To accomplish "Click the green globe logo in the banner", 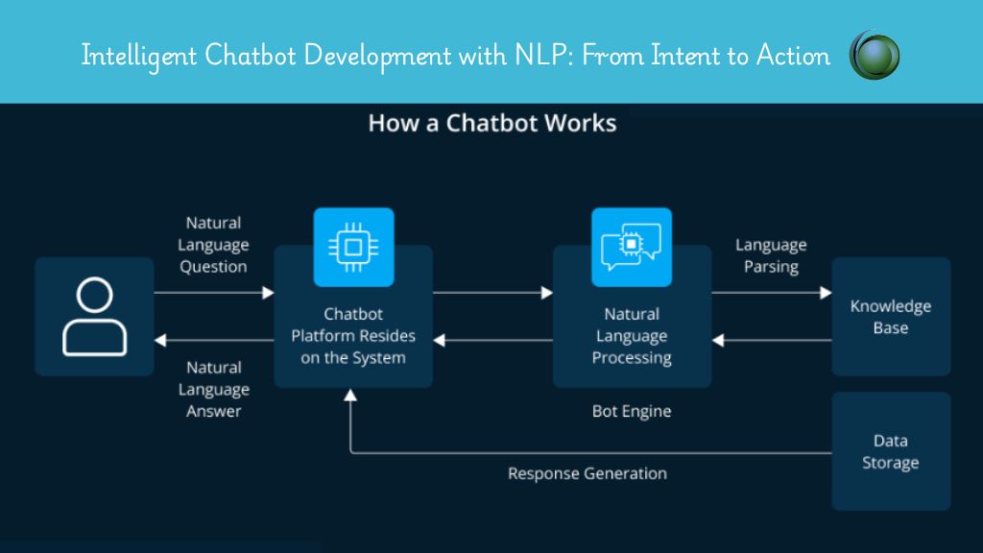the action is tap(875, 55).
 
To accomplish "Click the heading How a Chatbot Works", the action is tap(492, 123).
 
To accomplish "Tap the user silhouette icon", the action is tap(95, 317).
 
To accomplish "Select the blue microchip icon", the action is tap(353, 247).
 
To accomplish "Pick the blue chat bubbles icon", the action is tap(632, 247).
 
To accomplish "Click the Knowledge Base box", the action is tap(891, 317).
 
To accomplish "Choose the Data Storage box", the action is tap(891, 451).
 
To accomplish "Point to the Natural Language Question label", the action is tap(213, 245).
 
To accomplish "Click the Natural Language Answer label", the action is tap(214, 390).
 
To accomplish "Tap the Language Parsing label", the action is tap(771, 255).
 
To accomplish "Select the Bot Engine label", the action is tap(632, 411).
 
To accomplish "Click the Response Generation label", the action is tap(587, 473).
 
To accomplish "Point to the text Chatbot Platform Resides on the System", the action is tap(353, 335).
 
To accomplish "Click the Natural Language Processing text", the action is tap(632, 335).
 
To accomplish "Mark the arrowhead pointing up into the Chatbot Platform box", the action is tap(350, 395).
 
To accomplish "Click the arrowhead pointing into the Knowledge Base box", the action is tap(827, 293).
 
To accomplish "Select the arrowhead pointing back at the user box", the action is tap(160, 341).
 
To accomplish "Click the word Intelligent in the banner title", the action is tap(138, 56).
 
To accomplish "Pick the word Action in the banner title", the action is tap(793, 55).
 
